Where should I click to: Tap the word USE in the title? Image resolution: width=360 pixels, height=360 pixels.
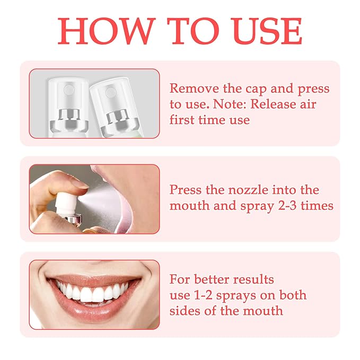(266, 31)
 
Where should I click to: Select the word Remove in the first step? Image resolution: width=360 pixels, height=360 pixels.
(194, 89)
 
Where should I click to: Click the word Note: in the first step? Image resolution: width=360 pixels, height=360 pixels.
(230, 104)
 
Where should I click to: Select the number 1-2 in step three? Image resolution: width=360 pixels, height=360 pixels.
(203, 295)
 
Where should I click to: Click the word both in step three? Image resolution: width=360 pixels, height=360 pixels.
(293, 295)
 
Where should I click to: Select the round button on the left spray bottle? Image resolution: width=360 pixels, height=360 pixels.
(69, 90)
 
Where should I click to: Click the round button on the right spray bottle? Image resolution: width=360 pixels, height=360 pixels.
(110, 93)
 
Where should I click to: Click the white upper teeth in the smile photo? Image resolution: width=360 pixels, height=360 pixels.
(92, 291)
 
